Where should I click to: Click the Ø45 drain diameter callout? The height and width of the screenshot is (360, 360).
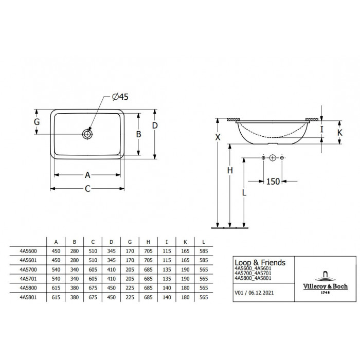[120, 97]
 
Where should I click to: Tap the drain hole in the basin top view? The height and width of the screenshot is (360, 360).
[87, 134]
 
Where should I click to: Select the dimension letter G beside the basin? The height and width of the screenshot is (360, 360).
[37, 122]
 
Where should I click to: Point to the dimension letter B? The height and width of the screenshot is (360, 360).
[138, 134]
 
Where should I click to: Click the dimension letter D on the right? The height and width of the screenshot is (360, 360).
[155, 125]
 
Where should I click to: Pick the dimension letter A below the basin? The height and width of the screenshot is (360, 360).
[87, 175]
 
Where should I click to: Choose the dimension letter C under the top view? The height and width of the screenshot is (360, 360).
[87, 189]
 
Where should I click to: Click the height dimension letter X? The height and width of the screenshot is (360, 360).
[218, 137]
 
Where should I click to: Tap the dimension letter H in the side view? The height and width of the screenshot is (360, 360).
[230, 170]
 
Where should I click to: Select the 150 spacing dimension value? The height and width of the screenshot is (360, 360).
[273, 182]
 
